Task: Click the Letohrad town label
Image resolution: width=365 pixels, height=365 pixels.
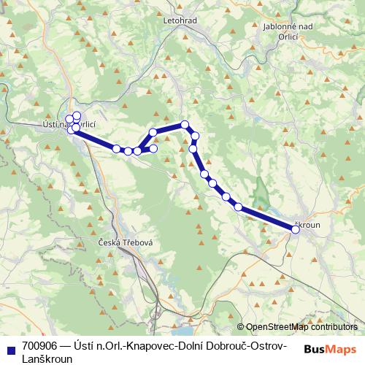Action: click(182, 20)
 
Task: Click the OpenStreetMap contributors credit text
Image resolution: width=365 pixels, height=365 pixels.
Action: click(301, 327)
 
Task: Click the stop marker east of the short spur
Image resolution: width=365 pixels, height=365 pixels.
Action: click(154, 148)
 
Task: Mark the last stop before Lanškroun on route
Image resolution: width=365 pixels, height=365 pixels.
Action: click(238, 207)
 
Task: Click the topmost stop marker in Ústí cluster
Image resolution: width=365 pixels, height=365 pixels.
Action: click(77, 115)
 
